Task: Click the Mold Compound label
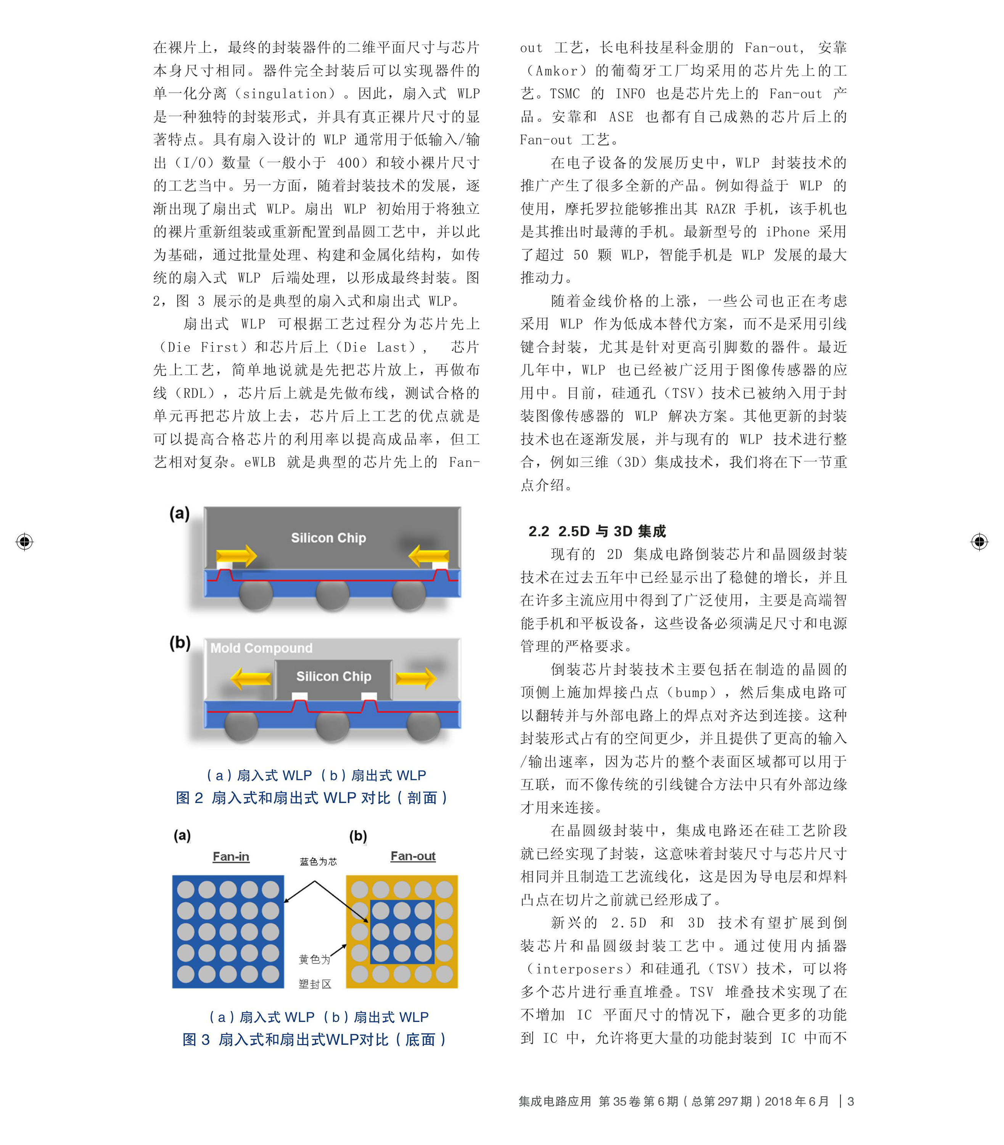pos(261,648)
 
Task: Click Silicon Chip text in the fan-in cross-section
pos(328,538)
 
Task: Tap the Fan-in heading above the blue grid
pos(231,856)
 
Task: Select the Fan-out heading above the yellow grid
pos(413,856)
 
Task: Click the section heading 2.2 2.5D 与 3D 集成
pos(597,531)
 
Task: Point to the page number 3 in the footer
pos(851,1101)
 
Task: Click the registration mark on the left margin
pos(25,542)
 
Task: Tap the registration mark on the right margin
pos(979,542)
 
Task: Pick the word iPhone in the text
pos(787,232)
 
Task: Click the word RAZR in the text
pos(720,209)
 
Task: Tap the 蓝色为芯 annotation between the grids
pos(318,861)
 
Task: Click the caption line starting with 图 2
pos(311,798)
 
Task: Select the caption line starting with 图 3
pos(314,1040)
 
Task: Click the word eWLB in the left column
pos(259,462)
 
